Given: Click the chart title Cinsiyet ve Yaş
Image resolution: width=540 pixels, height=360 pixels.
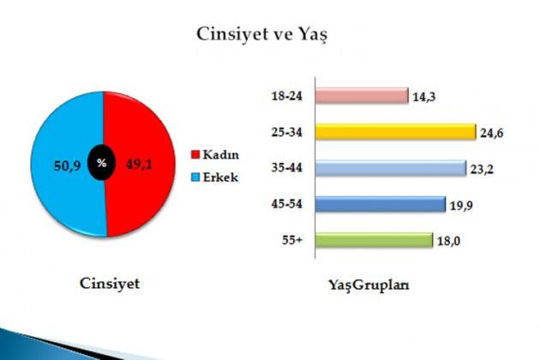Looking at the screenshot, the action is (x=261, y=35).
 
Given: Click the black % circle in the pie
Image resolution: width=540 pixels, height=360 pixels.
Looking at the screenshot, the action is (x=102, y=164).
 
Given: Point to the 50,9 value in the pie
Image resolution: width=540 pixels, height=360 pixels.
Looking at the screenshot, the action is (x=67, y=165).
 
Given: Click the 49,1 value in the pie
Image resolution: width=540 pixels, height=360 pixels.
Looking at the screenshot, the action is (x=139, y=165).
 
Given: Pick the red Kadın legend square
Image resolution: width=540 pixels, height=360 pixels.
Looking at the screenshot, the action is (x=195, y=154).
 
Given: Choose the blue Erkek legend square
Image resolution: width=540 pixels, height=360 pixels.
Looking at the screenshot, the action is (x=195, y=177).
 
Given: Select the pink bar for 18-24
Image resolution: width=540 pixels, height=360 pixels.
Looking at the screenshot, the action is (x=362, y=95).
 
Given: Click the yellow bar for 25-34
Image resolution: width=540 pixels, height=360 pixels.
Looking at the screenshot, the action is (x=396, y=132).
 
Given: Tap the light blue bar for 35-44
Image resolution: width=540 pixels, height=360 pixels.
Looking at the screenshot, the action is (x=391, y=168).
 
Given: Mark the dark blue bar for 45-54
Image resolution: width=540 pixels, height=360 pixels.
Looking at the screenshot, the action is (x=381, y=204).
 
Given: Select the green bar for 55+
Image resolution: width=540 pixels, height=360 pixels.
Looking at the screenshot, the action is (x=374, y=240).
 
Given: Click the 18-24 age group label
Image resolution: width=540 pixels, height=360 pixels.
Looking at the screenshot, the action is (x=286, y=96).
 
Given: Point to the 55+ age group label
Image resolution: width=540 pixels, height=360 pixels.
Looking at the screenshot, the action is (x=291, y=240).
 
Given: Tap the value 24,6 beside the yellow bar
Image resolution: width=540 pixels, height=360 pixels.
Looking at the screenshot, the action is (x=492, y=133).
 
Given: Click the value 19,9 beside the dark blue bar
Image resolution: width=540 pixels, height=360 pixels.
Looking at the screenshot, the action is (x=461, y=206).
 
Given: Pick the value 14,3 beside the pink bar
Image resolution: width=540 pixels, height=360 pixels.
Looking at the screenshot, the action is (x=424, y=97).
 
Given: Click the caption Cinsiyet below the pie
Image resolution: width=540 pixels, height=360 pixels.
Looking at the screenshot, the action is (x=110, y=284).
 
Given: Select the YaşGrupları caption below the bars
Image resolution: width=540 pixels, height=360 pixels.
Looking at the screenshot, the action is (x=369, y=285).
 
